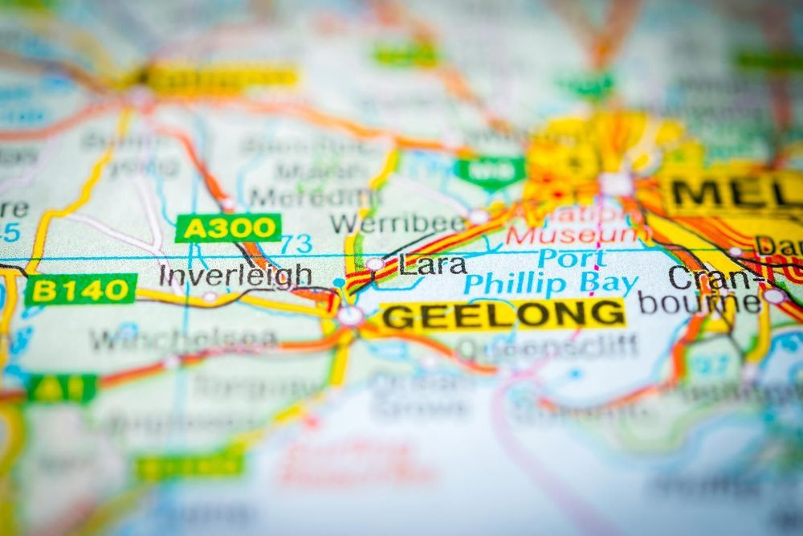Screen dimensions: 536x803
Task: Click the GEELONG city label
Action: [x=503, y=315]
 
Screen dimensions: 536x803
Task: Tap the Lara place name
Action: [x=433, y=264]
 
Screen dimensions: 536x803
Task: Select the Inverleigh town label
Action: [x=235, y=276]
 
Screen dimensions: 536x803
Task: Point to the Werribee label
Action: [x=397, y=223]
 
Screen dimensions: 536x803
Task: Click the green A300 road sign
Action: [x=228, y=228]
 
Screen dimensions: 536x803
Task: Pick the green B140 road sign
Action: [x=80, y=289]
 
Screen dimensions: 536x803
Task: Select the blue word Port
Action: [x=571, y=259]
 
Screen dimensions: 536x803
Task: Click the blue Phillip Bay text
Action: [x=551, y=284]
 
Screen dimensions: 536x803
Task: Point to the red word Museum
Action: [x=578, y=235]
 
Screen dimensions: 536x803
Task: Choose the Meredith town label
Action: [x=313, y=197]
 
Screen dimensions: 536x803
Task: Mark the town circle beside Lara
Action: [x=375, y=264]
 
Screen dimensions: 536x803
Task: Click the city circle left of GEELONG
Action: [x=350, y=315]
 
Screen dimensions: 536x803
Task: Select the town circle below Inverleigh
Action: [x=210, y=297]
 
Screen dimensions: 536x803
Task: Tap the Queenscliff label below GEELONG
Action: [x=547, y=346]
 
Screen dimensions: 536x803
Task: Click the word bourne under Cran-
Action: [x=699, y=303]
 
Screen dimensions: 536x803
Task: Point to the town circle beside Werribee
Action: [x=479, y=216]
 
